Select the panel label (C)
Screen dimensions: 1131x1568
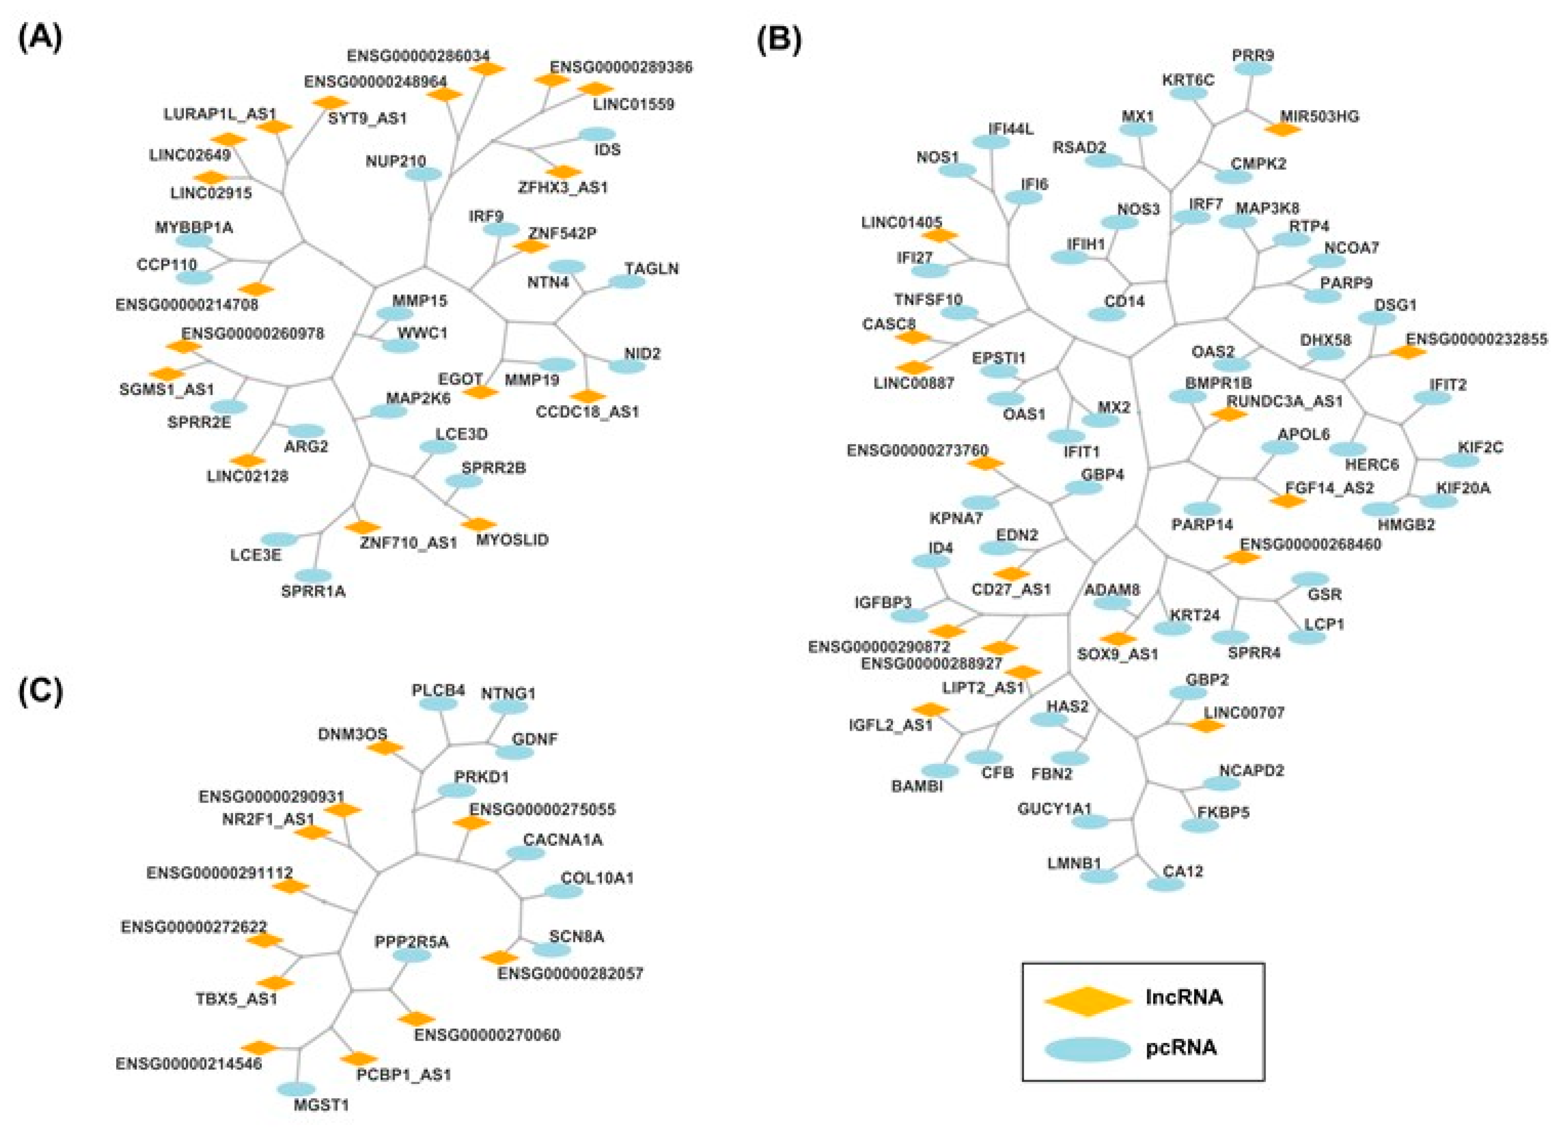click(x=39, y=691)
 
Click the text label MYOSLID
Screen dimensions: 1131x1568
click(x=512, y=540)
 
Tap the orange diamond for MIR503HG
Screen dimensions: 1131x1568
click(x=1282, y=128)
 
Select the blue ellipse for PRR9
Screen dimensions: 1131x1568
click(x=1253, y=69)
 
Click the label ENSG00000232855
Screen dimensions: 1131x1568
click(x=1477, y=339)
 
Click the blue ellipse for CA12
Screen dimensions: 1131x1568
click(x=1166, y=884)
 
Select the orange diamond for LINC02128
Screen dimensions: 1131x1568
click(x=247, y=460)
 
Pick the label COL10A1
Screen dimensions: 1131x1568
click(x=597, y=878)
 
